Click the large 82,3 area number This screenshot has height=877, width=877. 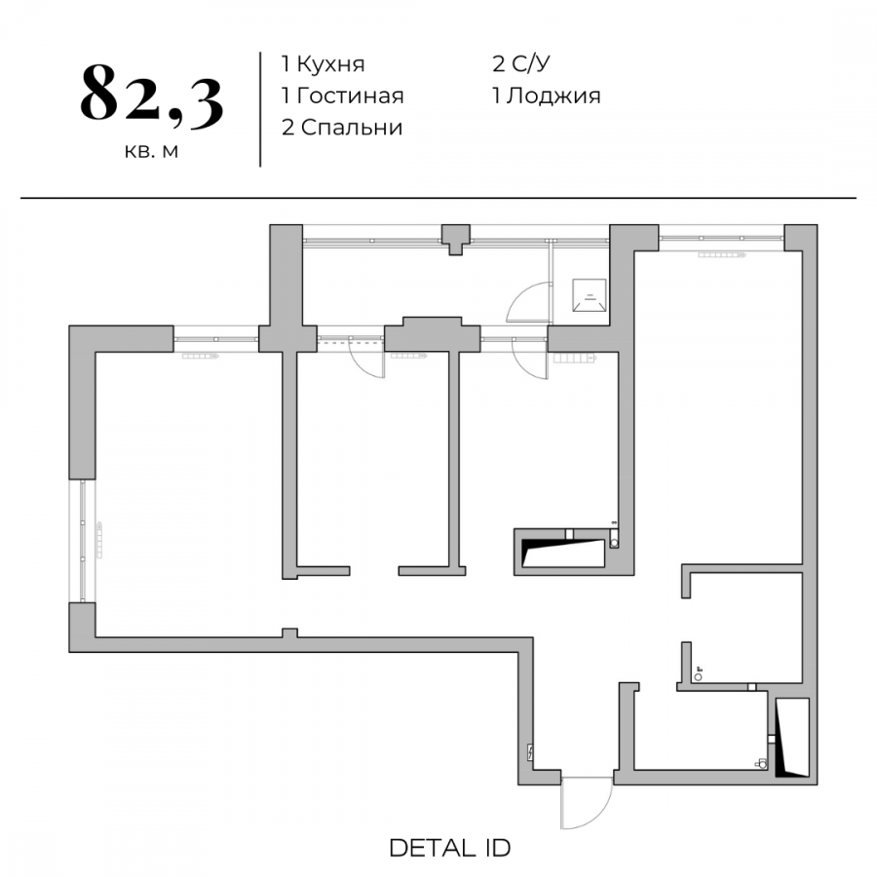point(152,95)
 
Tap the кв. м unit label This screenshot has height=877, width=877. point(151,151)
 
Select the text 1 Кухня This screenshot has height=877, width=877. point(323,64)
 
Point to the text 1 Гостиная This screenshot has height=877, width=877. point(342,95)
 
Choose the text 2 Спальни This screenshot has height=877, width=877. point(342,128)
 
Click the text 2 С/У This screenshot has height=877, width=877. point(520,63)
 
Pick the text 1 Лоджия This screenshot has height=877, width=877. point(547,96)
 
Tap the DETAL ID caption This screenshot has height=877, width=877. point(450,849)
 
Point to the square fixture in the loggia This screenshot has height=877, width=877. point(589,294)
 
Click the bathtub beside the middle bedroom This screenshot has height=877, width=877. point(563,553)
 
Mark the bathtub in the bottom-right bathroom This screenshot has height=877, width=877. point(792,738)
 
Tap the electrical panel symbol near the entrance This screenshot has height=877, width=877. point(530,753)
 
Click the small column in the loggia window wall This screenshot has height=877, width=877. point(456,240)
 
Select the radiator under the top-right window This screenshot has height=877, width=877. point(721,255)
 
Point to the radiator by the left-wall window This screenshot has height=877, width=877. point(99,540)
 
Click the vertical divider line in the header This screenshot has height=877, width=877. point(260,109)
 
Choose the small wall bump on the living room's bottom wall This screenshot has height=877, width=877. point(289,632)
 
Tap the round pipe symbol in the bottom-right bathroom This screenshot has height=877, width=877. point(698,677)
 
